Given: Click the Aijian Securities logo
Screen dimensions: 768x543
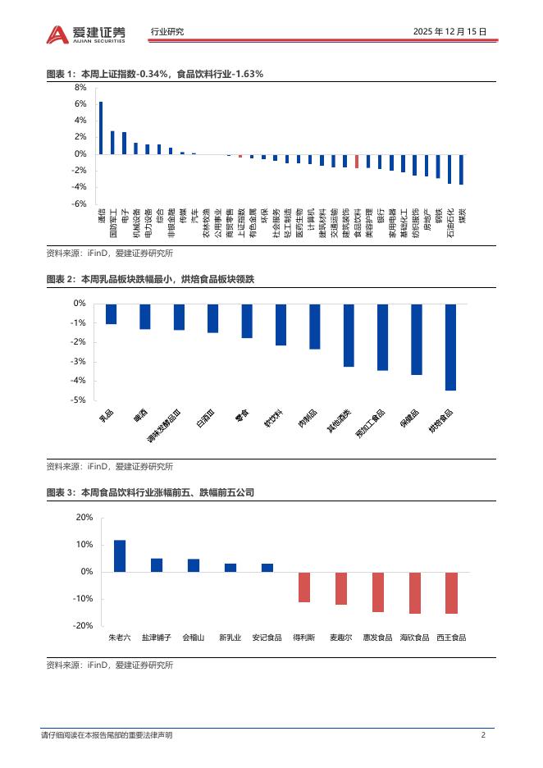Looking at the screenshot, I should tap(86, 33).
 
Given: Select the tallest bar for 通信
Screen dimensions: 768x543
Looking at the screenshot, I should tap(101, 127).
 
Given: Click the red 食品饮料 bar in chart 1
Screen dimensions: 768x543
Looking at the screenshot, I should tap(356, 161).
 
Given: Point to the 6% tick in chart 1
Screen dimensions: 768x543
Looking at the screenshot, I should tap(80, 104).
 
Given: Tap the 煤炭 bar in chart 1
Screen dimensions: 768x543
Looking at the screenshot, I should tap(461, 169).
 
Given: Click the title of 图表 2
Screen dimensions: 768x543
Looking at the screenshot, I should tap(151, 280).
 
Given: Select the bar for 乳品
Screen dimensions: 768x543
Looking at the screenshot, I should tap(111, 313).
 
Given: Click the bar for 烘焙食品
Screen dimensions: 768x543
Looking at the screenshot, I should tap(450, 347).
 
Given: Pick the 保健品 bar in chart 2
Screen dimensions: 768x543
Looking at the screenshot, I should tap(416, 339).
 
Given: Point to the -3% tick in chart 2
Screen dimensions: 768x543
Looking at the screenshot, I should tap(79, 362).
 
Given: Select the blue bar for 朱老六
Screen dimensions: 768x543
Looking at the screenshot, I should tap(120, 555).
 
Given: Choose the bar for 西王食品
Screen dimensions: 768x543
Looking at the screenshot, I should tap(450, 592).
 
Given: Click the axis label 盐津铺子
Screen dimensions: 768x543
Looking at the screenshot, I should tap(156, 637).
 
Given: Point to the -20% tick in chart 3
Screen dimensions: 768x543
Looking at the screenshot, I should tap(84, 626).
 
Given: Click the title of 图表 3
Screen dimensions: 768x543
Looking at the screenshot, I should tap(150, 492).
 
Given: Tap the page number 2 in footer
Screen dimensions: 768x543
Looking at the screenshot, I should tap(483, 734).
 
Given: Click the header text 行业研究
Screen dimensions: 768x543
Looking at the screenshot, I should tap(167, 32).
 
